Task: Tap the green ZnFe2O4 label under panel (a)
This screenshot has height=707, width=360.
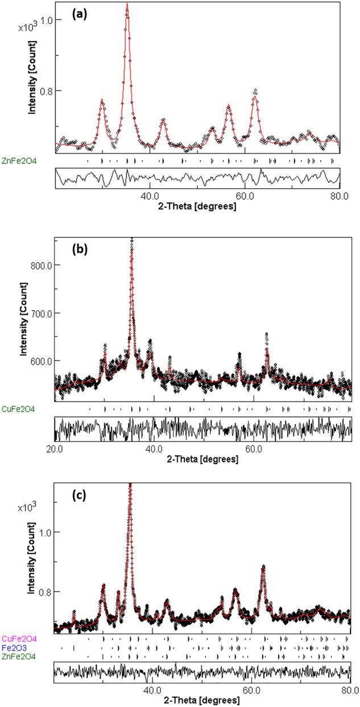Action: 23,161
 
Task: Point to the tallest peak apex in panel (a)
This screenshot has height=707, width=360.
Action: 127,5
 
